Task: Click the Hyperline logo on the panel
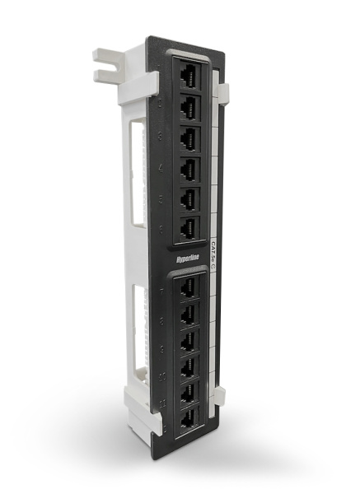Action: [x=190, y=255]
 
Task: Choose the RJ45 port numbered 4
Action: [x=189, y=166]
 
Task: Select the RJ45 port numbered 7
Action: [x=189, y=286]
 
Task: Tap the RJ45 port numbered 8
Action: [x=189, y=313]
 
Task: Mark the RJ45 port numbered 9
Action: [x=189, y=339]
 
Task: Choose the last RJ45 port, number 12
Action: [x=189, y=417]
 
